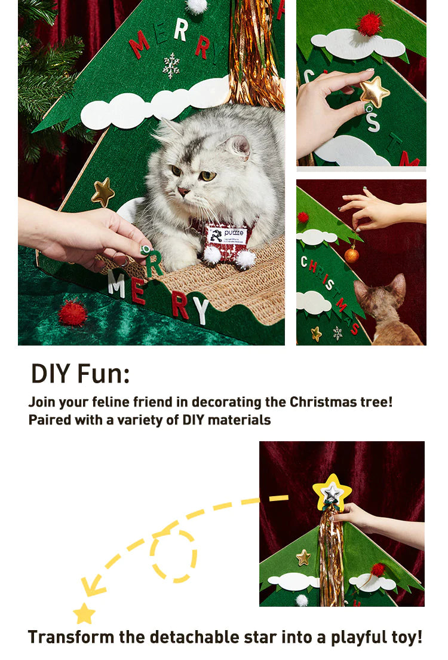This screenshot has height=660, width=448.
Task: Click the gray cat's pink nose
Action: [x=183, y=192]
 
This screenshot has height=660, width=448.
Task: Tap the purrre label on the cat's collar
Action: [x=227, y=236]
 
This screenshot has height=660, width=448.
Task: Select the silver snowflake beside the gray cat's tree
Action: [x=171, y=65]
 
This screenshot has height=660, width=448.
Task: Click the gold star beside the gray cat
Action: [x=103, y=192]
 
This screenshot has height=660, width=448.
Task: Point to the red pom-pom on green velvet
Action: [x=72, y=312]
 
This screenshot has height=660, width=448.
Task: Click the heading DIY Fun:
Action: [x=81, y=374]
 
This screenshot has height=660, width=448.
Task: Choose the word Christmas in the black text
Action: [x=323, y=402]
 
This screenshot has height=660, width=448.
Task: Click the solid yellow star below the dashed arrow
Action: [x=84, y=614]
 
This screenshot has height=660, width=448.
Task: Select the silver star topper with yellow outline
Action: [x=332, y=491]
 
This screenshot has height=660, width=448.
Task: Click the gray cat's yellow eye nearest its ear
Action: [x=207, y=176]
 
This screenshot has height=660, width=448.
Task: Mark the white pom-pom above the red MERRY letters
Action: [x=197, y=6]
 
